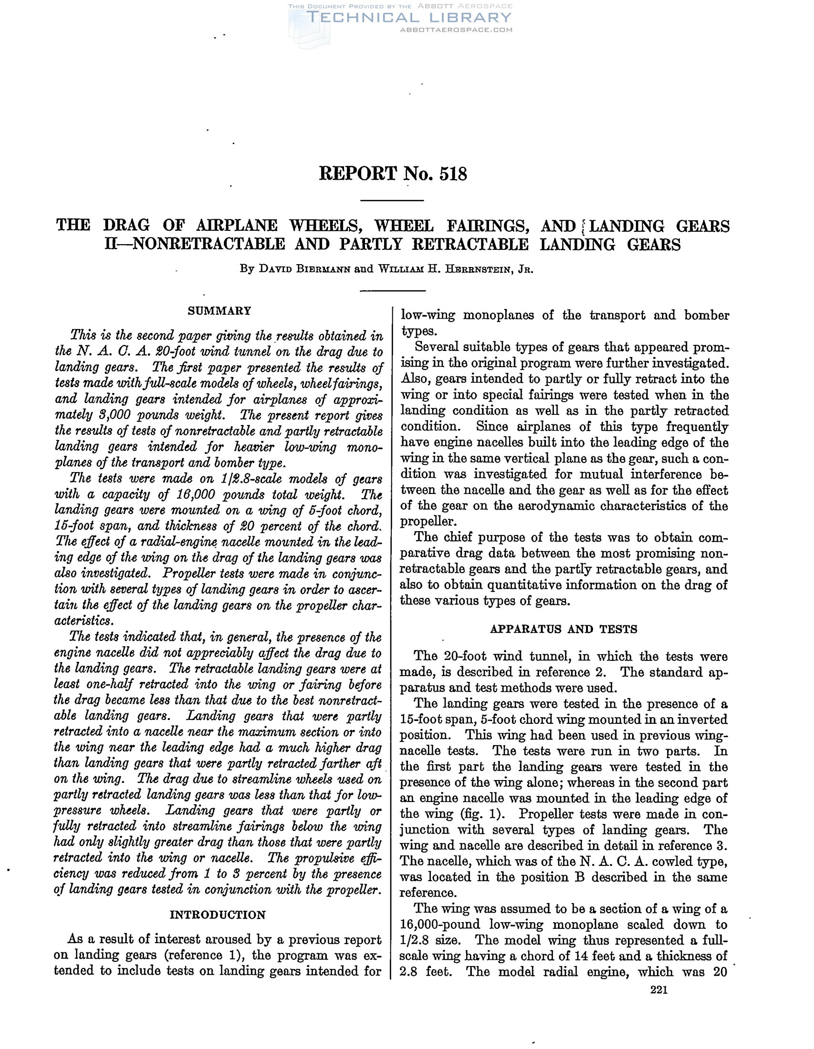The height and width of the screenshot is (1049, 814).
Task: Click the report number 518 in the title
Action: (x=453, y=174)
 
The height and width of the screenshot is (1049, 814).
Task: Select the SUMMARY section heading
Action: (x=219, y=311)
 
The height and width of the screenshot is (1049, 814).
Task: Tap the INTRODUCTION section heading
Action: (x=218, y=915)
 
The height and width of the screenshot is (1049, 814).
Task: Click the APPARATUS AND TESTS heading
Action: (x=564, y=629)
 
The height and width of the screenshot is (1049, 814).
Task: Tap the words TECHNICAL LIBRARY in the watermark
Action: (x=408, y=18)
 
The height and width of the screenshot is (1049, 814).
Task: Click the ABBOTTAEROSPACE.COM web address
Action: (x=456, y=30)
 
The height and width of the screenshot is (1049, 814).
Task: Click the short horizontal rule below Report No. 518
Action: (x=392, y=200)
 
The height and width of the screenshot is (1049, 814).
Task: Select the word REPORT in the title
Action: (x=358, y=174)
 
